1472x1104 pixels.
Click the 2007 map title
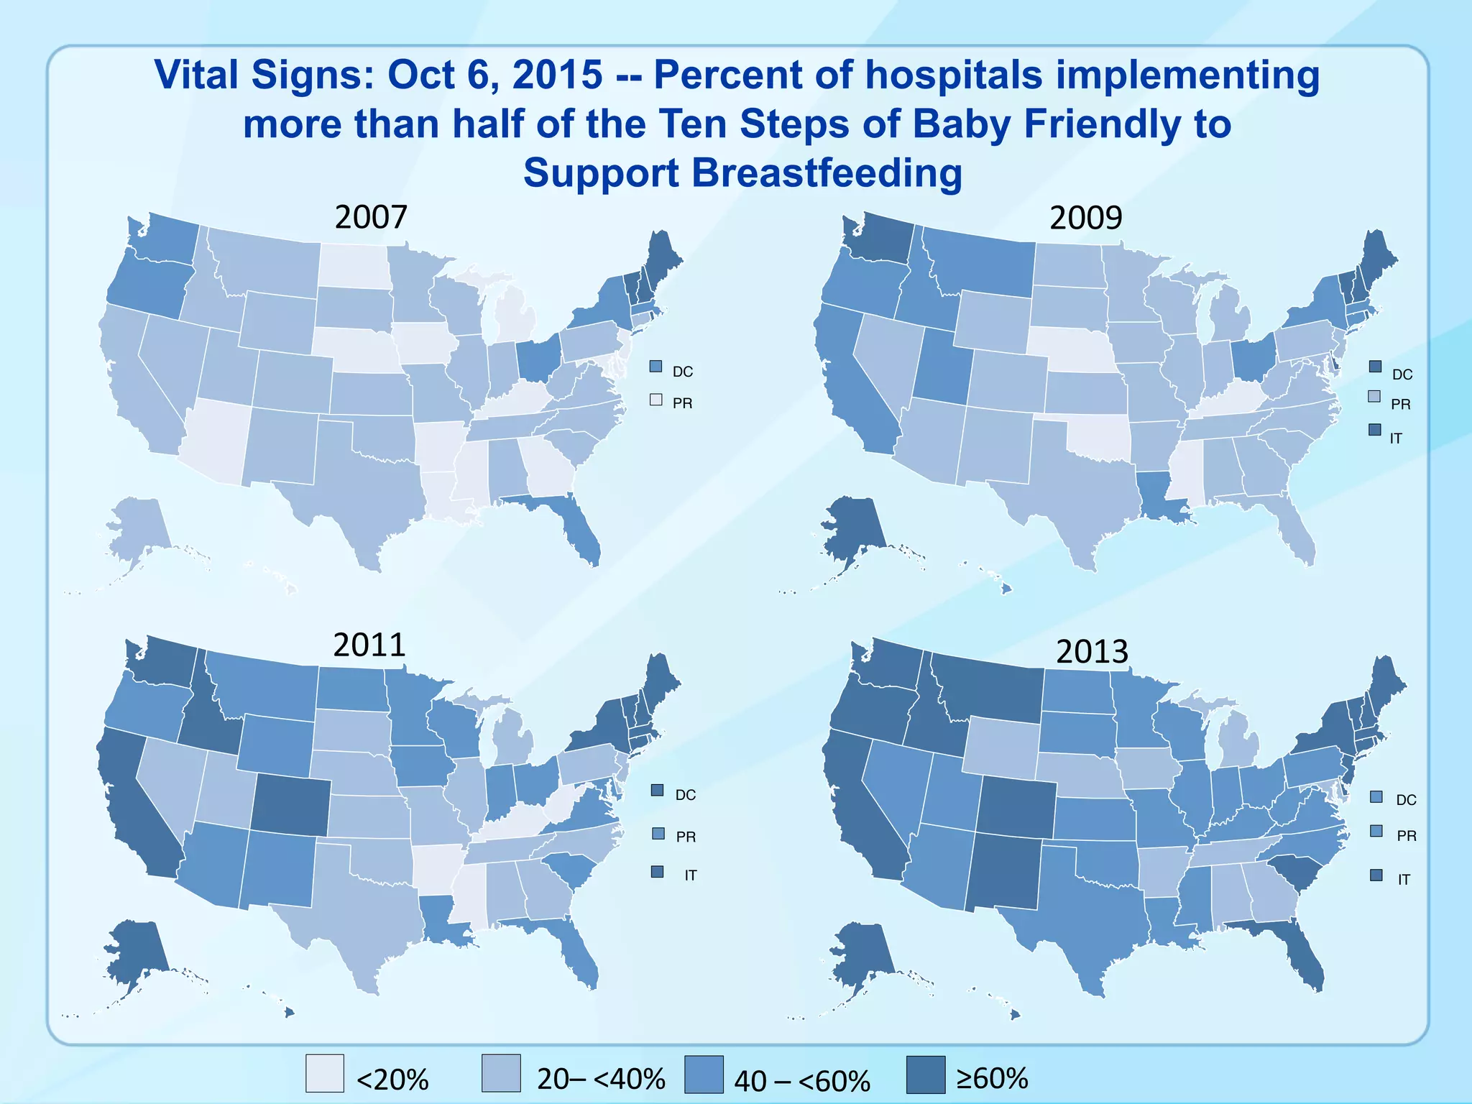pos(371,217)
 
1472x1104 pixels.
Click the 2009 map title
pos(1085,218)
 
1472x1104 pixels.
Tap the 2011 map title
pos(369,645)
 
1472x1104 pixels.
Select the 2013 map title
pos(1092,651)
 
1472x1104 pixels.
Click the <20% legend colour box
pos(325,1073)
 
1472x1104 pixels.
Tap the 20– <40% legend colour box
pos(501,1073)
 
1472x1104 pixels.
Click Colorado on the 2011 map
pos(291,805)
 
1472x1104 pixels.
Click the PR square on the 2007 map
pos(655,400)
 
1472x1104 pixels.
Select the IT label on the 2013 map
pos(1403,879)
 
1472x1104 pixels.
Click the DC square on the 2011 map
pos(657,790)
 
